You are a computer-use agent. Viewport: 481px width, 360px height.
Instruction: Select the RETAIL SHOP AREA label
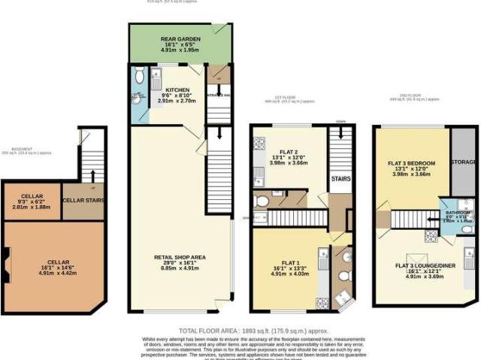180,256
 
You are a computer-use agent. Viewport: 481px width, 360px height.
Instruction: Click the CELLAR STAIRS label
83,200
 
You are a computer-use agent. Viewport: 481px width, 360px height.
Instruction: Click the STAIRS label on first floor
341,180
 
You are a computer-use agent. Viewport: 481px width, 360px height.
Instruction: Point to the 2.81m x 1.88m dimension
33,207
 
